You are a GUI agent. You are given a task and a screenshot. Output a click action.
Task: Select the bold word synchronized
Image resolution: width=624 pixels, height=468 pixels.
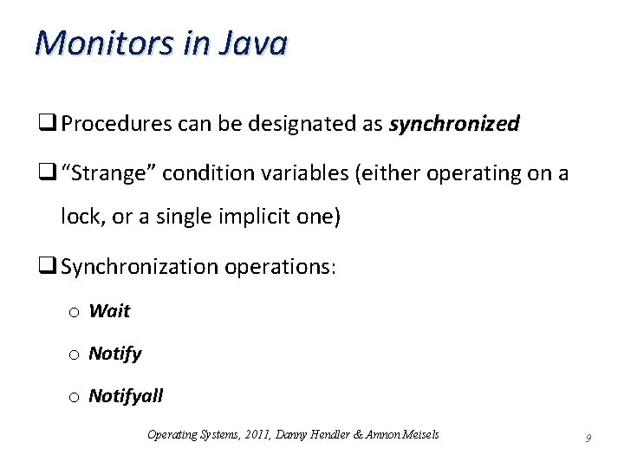[x=454, y=125]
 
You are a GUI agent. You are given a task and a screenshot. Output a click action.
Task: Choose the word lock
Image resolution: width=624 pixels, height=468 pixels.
[x=80, y=217]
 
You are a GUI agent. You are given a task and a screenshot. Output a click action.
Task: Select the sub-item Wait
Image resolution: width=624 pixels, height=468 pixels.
[x=109, y=310]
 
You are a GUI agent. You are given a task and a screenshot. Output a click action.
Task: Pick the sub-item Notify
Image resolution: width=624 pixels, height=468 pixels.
[x=115, y=354]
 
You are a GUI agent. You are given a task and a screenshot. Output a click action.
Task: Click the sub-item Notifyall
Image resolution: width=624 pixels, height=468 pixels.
[x=126, y=397]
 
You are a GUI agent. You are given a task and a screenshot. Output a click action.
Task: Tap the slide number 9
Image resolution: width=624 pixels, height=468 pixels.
[x=588, y=439]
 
